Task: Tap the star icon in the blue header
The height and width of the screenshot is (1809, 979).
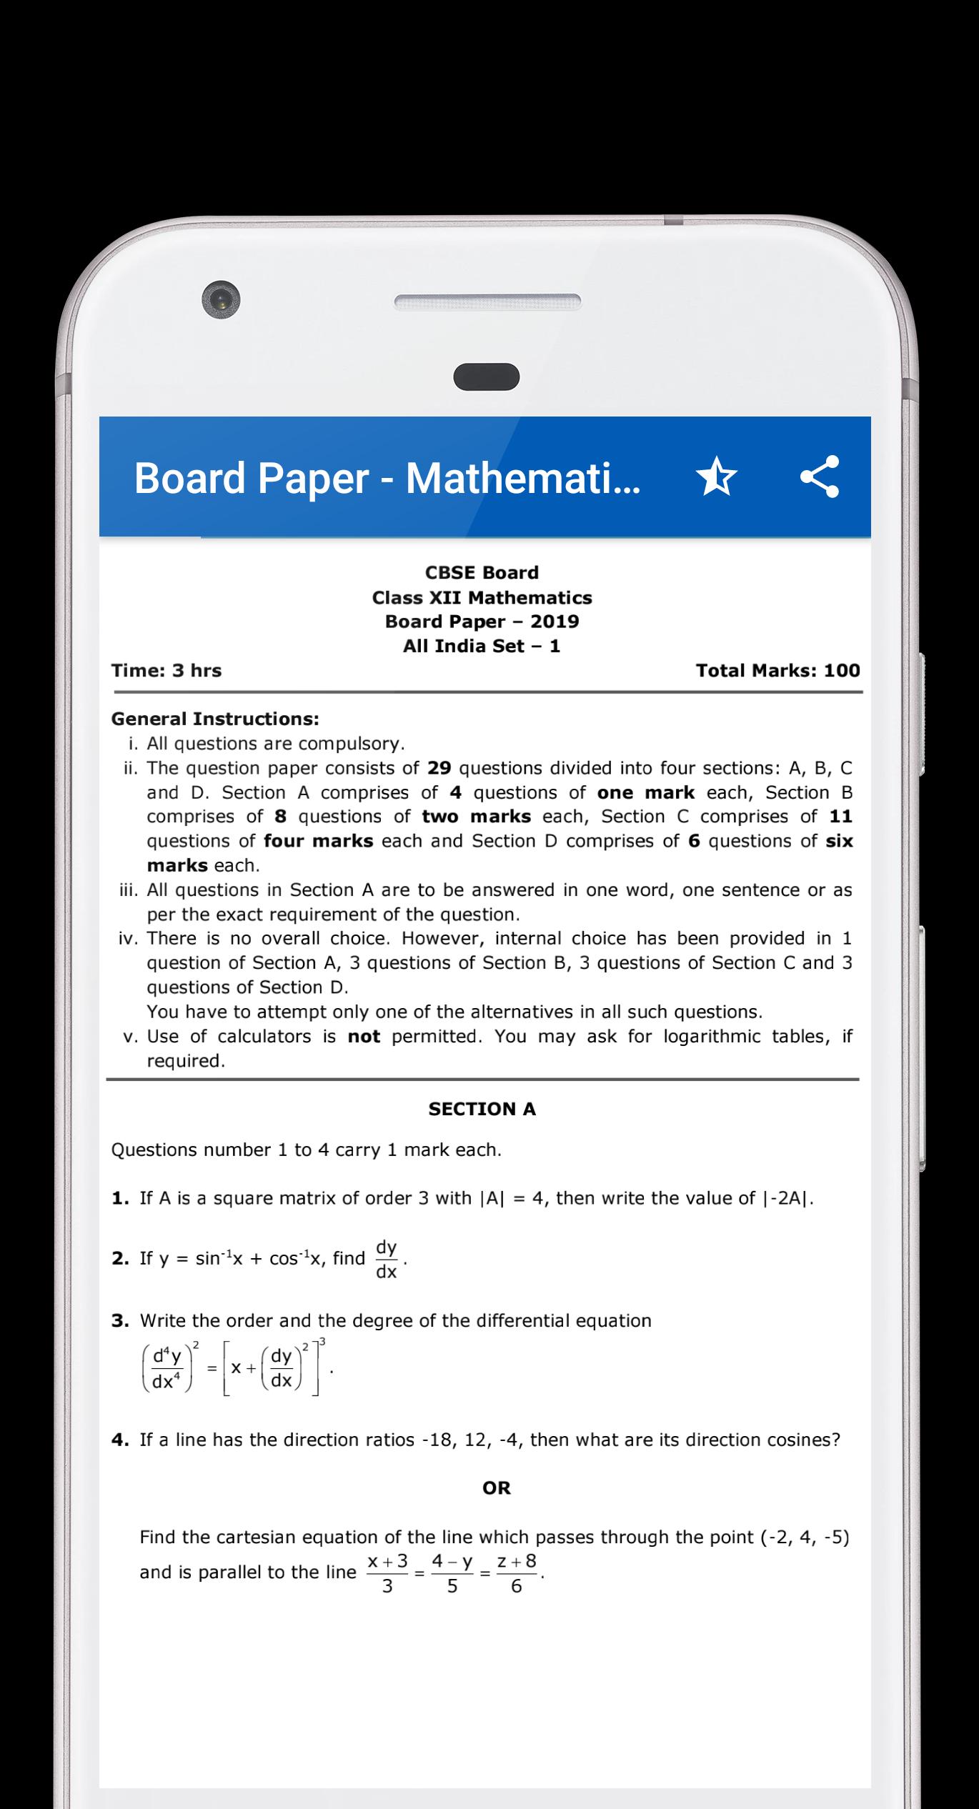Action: click(x=716, y=477)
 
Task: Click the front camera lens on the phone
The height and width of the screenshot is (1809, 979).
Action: click(x=221, y=299)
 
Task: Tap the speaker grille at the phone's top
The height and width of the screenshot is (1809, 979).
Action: click(x=487, y=302)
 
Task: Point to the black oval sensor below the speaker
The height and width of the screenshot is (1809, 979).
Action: click(x=487, y=377)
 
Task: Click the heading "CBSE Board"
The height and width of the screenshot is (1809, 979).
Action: click(x=482, y=572)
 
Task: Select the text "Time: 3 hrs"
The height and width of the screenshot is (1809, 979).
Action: click(x=167, y=670)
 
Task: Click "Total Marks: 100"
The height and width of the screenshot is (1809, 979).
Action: click(x=777, y=670)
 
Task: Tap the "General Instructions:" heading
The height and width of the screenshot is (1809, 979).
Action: click(x=215, y=719)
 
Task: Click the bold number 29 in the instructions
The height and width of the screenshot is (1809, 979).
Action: click(x=439, y=768)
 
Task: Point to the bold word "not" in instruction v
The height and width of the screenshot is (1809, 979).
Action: click(x=364, y=1036)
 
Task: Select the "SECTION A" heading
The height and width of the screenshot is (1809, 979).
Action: click(x=482, y=1109)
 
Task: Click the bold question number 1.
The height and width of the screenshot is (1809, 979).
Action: click(x=119, y=1198)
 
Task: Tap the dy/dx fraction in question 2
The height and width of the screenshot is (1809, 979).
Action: click(x=386, y=1259)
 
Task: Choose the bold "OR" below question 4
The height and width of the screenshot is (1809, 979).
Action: click(x=497, y=1488)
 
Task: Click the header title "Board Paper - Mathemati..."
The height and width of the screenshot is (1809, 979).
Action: click(x=387, y=478)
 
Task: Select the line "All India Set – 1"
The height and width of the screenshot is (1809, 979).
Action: click(x=482, y=646)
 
